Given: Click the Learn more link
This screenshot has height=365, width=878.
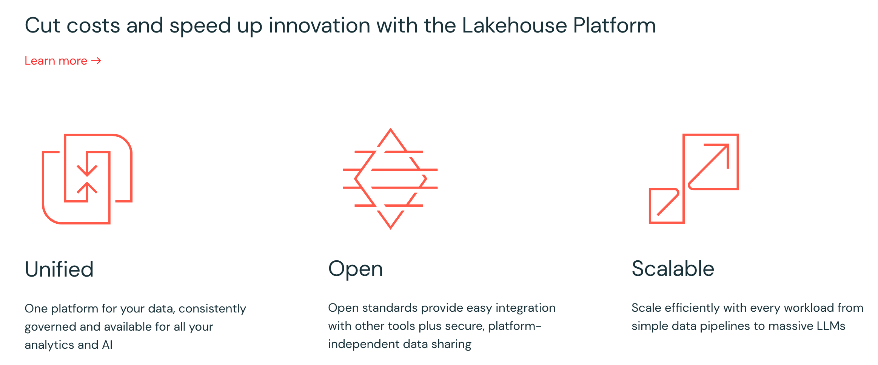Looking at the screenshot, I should click(56, 61).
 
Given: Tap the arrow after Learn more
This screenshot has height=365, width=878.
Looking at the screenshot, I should click(96, 61).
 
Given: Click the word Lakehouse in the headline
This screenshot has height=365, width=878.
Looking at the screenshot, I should click(514, 25).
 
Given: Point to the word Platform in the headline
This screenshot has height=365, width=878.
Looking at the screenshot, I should click(614, 25).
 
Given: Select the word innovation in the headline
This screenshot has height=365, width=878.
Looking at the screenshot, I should click(319, 25).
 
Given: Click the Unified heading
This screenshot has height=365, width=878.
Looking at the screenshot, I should click(59, 269).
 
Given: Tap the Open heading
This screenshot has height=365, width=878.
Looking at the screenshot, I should click(355, 269).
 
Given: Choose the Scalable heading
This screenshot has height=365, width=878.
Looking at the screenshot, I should click(673, 269).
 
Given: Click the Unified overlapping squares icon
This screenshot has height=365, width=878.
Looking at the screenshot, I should click(87, 179).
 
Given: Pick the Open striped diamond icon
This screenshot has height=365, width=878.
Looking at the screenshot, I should click(390, 179).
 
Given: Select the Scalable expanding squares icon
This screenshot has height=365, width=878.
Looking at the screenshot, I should click(693, 179).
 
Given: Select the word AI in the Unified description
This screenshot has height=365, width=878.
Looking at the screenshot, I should click(107, 345).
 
